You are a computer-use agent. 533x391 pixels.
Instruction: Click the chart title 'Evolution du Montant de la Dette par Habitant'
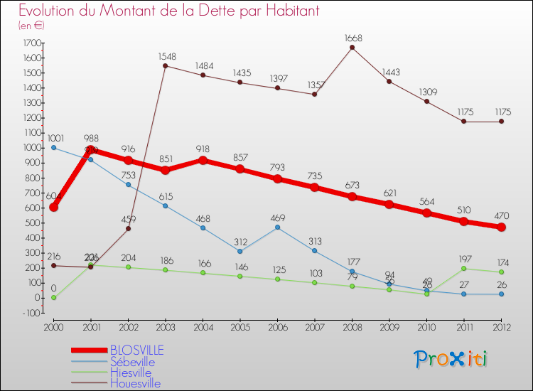coord(169,11)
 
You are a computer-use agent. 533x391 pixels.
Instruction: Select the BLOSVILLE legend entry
coord(136,350)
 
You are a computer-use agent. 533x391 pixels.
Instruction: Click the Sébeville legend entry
coord(131,362)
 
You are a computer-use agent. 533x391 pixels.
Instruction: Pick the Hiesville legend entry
coord(130,373)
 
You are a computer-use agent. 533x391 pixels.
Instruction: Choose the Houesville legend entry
coord(135,383)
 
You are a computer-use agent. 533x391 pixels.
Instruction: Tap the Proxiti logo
coord(451,359)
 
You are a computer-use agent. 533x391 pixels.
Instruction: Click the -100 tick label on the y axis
coord(29,313)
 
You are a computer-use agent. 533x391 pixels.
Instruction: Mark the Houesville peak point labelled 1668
coord(352,48)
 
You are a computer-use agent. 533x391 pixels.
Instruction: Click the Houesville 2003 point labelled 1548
coord(165,66)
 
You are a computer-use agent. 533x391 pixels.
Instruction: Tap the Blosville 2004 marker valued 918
coord(203,160)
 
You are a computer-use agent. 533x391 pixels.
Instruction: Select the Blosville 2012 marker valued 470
coord(501,227)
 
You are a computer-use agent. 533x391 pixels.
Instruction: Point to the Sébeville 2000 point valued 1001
coord(53,148)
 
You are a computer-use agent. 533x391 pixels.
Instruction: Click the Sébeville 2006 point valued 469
coord(277,227)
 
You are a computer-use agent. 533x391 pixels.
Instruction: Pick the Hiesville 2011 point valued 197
coord(464,268)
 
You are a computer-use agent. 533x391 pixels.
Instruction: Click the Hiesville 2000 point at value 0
coord(53,298)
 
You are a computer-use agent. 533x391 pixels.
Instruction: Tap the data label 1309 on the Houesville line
coord(426,102)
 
